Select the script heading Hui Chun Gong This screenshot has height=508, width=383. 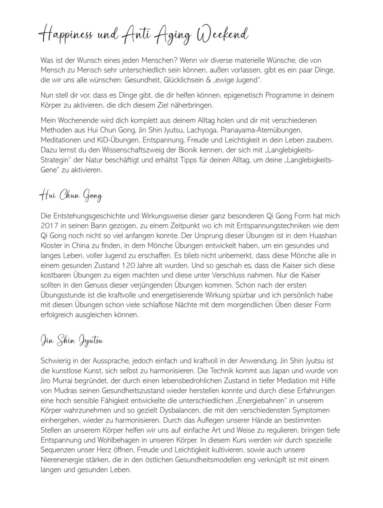click(71, 196)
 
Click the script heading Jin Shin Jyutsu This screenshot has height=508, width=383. click(72, 341)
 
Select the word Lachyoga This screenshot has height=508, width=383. click(201, 130)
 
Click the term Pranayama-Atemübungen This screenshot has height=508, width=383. click(261, 130)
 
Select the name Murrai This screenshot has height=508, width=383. click(67, 381)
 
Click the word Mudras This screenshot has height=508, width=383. click(66, 390)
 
